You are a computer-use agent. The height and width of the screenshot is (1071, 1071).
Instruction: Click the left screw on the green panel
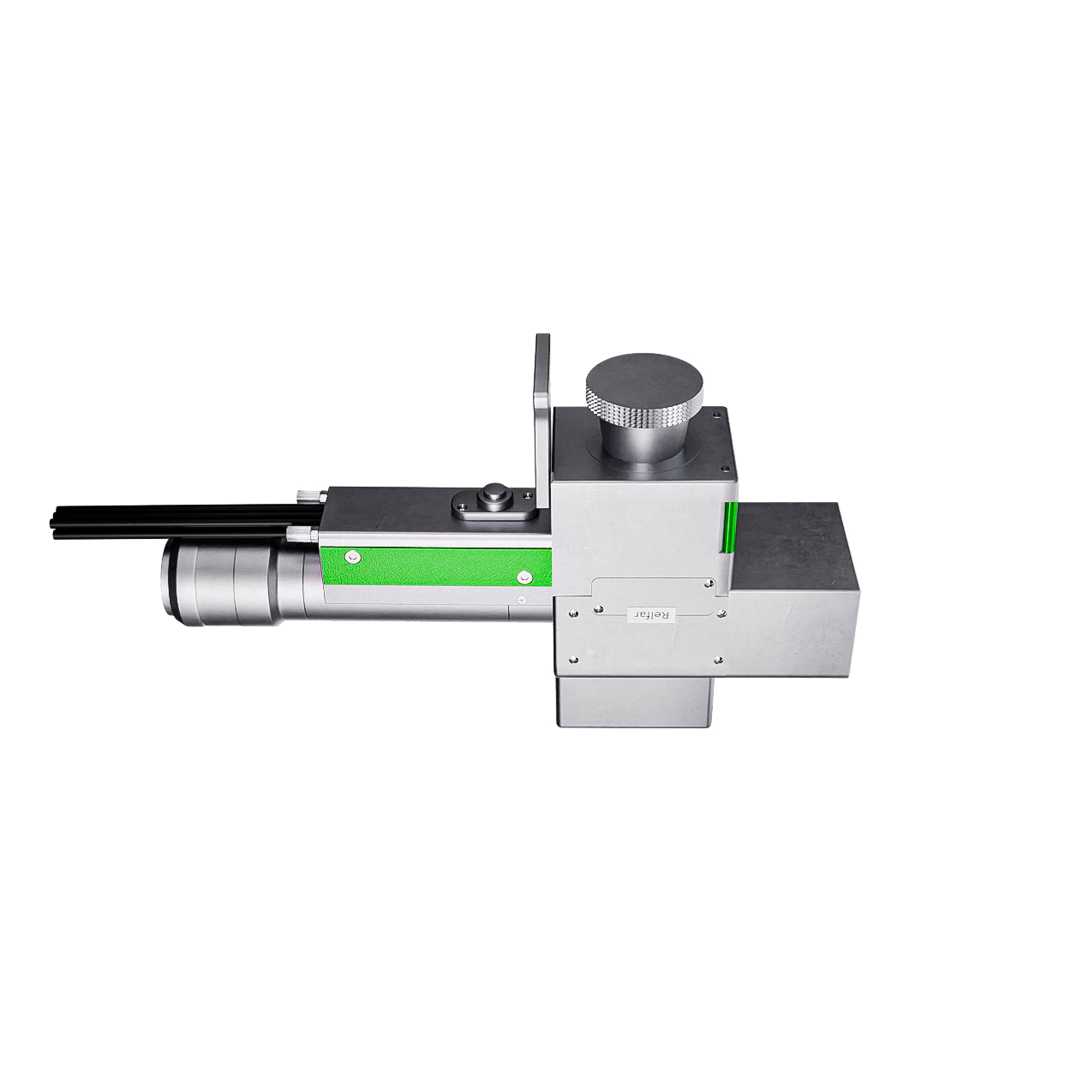[x=350, y=556]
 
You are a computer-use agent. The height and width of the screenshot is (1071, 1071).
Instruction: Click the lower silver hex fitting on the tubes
[x=299, y=536]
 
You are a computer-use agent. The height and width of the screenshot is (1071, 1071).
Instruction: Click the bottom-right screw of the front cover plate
[x=716, y=659]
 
